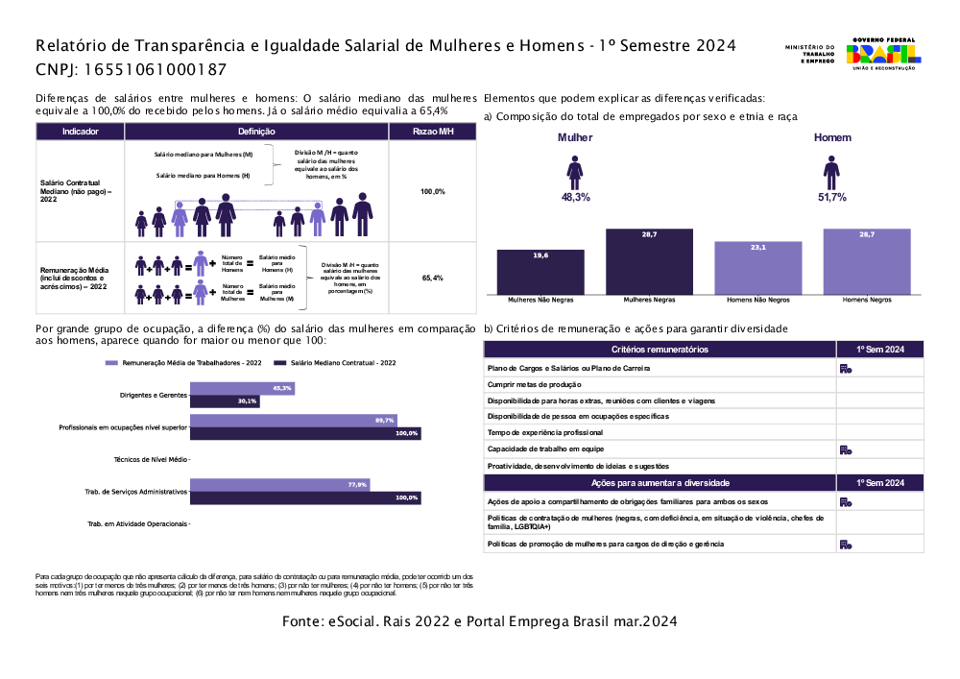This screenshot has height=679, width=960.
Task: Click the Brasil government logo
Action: point(880,55)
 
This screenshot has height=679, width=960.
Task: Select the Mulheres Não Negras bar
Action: point(540,272)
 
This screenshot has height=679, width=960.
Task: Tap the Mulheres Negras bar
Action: point(649,261)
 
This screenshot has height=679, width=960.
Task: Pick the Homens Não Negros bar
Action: point(757,268)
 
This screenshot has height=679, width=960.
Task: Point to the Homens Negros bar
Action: point(867,261)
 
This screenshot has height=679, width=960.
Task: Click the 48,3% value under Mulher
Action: point(575,197)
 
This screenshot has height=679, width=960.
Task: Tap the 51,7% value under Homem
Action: point(831,197)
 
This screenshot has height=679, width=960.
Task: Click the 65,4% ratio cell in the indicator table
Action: point(432,278)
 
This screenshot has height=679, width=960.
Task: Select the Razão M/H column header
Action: point(432,132)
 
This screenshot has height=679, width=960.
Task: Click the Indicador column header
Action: point(80,132)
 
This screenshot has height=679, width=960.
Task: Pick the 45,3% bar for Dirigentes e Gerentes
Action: point(242,389)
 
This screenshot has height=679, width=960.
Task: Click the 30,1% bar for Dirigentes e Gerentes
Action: point(225,401)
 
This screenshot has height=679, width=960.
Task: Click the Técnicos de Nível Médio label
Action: point(151,460)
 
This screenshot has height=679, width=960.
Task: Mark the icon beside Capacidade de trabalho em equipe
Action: point(846,449)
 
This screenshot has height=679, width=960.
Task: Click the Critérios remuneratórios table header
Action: point(660,349)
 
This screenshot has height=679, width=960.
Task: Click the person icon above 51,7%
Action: point(831,173)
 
